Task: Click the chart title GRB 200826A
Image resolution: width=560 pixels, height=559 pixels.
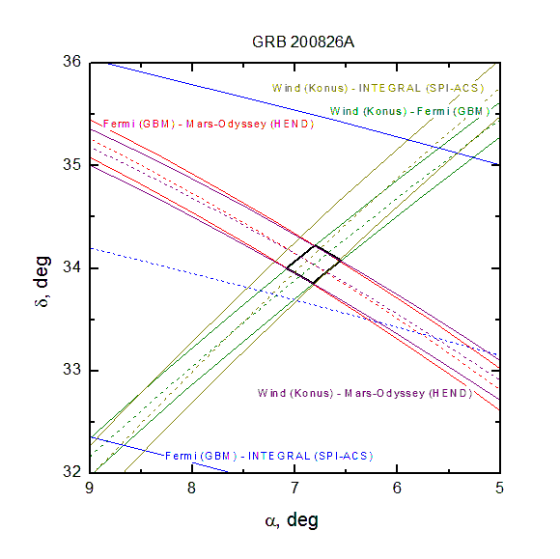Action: coord(303,42)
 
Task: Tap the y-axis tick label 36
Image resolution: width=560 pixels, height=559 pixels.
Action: coord(72,62)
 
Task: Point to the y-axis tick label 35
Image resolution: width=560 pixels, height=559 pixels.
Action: coord(72,165)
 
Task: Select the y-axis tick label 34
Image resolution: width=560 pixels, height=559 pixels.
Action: coord(72,267)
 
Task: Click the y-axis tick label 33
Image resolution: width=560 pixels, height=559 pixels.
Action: coord(72,370)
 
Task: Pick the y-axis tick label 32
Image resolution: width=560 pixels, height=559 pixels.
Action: coord(72,472)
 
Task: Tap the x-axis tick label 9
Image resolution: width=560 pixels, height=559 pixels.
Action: coord(90,488)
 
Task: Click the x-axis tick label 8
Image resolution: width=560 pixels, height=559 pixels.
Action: coord(192,488)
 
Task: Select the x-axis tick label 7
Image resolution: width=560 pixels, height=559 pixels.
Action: coord(294,488)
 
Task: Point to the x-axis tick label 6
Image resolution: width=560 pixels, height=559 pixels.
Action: coord(397,488)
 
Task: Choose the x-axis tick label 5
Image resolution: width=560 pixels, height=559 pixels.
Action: coord(499,488)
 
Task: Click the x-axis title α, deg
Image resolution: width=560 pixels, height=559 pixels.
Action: coord(292,520)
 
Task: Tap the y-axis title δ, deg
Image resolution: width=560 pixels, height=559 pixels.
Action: coord(42,282)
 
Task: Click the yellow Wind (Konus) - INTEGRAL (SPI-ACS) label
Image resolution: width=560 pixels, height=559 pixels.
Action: coord(378,88)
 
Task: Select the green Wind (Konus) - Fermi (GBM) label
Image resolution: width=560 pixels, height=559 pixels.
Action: coord(409,111)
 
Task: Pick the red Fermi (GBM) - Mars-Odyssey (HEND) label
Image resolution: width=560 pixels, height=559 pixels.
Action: coord(209,124)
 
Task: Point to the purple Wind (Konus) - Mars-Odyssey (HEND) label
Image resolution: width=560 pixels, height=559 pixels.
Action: coord(365,393)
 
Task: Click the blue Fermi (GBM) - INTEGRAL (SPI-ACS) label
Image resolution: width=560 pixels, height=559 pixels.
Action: coord(269,456)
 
